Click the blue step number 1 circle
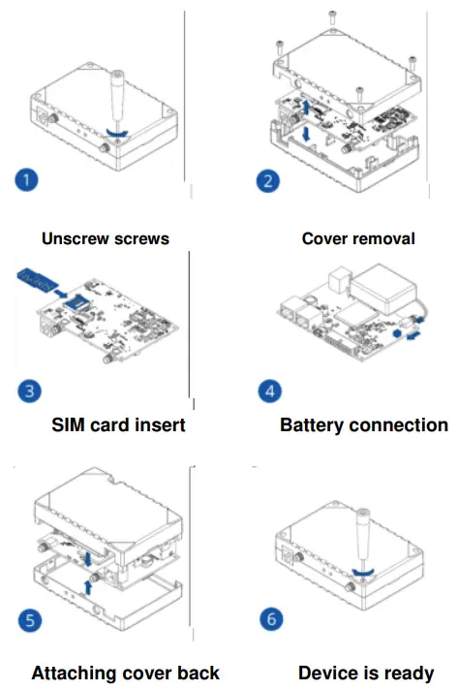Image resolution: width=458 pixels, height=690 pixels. click(x=29, y=179)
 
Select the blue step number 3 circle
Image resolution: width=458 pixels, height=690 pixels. click(x=30, y=391)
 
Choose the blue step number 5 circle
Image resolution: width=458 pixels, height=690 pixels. click(x=29, y=619)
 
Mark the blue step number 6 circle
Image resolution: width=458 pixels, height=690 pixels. click(x=271, y=618)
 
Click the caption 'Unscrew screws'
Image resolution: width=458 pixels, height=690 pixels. click(x=106, y=238)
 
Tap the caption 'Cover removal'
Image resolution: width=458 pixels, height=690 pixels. click(x=358, y=238)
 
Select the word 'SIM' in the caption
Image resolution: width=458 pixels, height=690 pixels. click(x=74, y=424)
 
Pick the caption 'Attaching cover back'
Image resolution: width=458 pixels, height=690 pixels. click(x=125, y=673)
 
